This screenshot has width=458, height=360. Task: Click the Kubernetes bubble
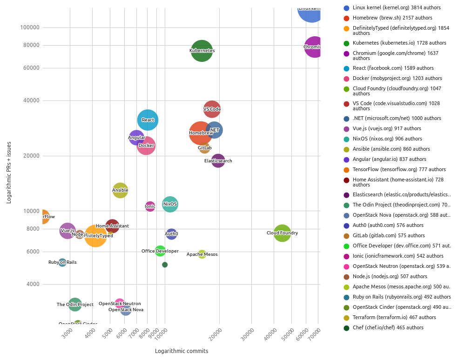tap(202, 51)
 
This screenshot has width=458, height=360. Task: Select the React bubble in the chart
tap(148, 120)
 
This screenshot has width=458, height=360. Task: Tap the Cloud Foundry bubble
tap(282, 233)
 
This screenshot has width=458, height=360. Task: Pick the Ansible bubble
tap(120, 190)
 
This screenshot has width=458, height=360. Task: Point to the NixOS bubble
tap(170, 204)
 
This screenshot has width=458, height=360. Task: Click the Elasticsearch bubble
tap(218, 161)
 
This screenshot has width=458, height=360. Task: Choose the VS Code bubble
tap(212, 109)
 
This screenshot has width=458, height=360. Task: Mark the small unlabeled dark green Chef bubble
tap(165, 265)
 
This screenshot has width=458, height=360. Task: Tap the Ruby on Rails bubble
tap(62, 262)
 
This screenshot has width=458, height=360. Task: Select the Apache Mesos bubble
tap(202, 254)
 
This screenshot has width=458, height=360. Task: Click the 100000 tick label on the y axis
tap(30, 27)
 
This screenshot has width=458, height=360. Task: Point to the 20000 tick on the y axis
tap(31, 156)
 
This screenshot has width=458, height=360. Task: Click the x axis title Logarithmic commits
tap(182, 351)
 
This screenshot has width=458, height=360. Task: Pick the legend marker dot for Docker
tap(346, 79)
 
